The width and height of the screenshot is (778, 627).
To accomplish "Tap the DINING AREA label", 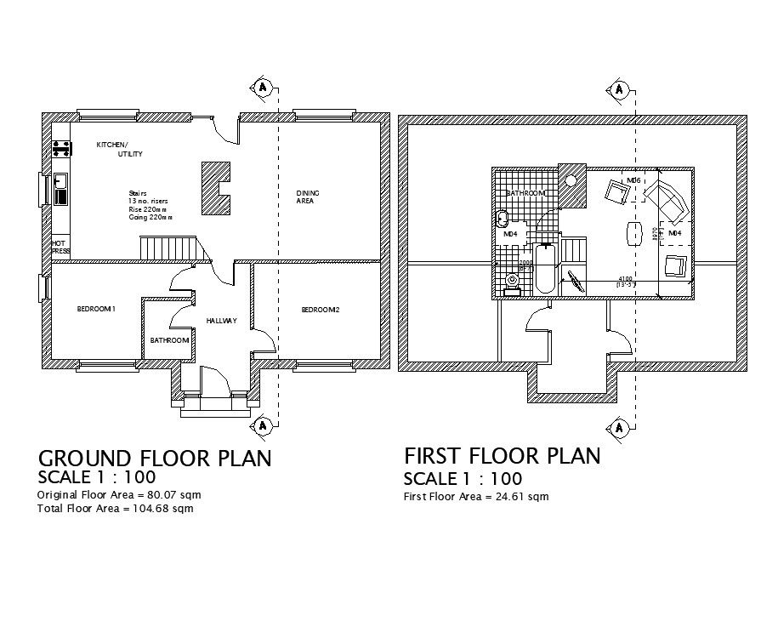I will click(x=307, y=197).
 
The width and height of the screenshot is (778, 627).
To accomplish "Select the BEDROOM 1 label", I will click(x=95, y=309).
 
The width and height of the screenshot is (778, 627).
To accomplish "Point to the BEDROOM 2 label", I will click(x=320, y=310).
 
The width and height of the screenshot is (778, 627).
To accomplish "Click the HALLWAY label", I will click(x=221, y=321).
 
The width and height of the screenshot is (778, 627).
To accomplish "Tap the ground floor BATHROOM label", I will click(x=169, y=340).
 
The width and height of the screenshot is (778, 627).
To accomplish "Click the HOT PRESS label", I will click(x=60, y=248).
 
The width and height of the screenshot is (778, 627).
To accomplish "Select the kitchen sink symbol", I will click(x=60, y=181).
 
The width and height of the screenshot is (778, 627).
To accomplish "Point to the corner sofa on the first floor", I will click(x=666, y=198).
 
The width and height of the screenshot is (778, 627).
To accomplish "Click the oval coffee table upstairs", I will click(x=633, y=233).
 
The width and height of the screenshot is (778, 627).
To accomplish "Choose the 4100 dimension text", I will click(x=624, y=278).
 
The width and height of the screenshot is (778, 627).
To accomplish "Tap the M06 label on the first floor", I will click(x=633, y=181).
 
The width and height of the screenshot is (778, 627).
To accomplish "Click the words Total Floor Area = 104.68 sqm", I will click(x=115, y=509).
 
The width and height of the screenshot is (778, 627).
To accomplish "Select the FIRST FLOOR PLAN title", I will click(x=502, y=456).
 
